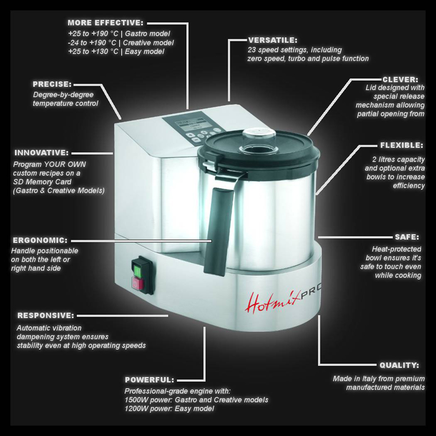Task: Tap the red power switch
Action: pyautogui.click(x=138, y=284)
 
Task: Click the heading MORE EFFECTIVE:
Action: pyautogui.click(x=106, y=23)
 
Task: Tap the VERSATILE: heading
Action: pyautogui.click(x=272, y=40)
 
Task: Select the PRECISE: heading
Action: pyautogui.click(x=52, y=84)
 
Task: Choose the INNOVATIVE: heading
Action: pyautogui.click(x=41, y=153)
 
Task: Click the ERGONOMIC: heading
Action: pyautogui.click(x=40, y=240)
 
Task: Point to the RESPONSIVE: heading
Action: pyautogui.click(x=46, y=316)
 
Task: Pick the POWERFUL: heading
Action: pyautogui.click(x=149, y=380)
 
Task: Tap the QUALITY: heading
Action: pyautogui.click(x=399, y=365)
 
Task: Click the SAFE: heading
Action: pyautogui.click(x=407, y=237)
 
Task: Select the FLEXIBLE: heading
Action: pyautogui.click(x=402, y=145)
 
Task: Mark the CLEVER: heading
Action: pyautogui.click(x=401, y=80)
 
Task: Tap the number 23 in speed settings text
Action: pyautogui.click(x=252, y=50)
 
